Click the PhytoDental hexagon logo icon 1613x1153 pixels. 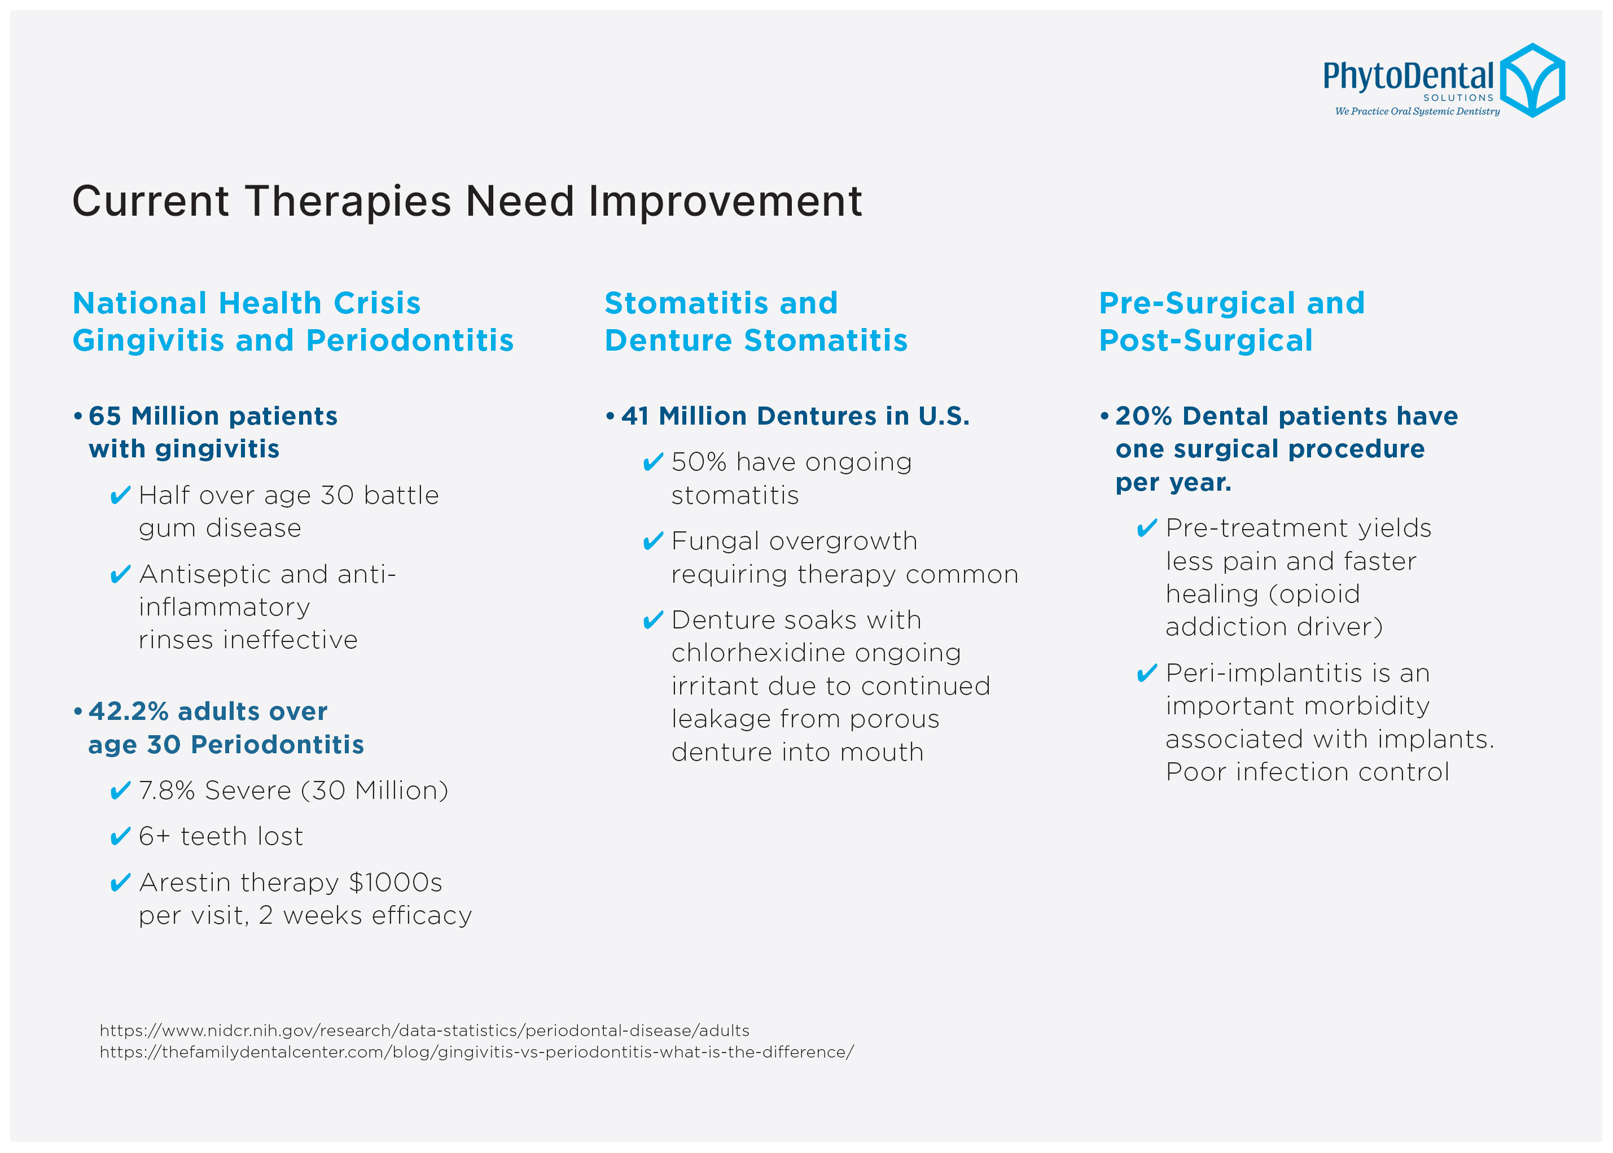click(x=1532, y=80)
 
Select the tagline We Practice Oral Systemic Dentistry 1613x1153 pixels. click(x=1417, y=111)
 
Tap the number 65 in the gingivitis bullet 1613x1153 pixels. click(x=105, y=416)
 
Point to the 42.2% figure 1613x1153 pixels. click(x=129, y=711)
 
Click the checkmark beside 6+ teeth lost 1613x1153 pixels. click(x=120, y=836)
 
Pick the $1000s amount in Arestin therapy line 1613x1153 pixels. click(x=395, y=883)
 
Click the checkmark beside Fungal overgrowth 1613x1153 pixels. click(x=652, y=541)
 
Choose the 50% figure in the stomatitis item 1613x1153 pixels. click(x=699, y=462)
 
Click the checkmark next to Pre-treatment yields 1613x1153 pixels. click(x=1146, y=528)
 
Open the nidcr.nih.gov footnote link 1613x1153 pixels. click(x=424, y=1030)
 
